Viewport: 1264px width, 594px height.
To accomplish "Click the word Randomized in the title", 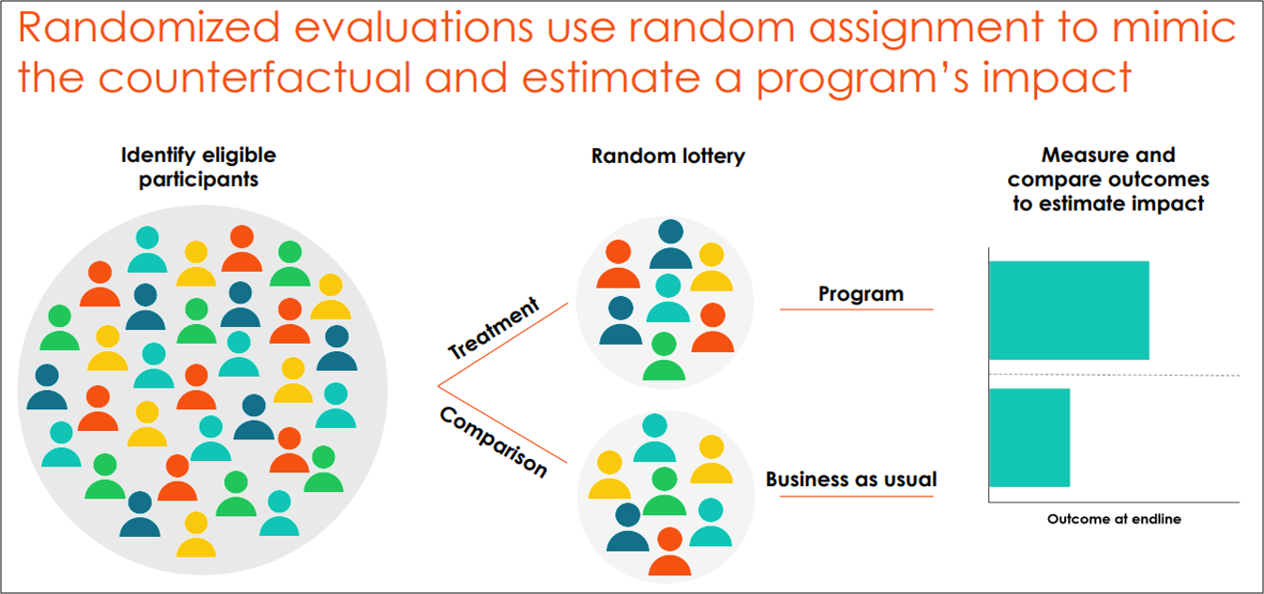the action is coord(149,27).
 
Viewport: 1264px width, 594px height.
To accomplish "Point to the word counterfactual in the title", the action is coord(254,77).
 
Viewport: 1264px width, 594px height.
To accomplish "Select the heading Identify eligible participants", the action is coord(199,167).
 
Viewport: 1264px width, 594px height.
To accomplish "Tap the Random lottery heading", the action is coord(669,156).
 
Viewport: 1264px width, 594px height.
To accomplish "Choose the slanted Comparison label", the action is coord(494,442).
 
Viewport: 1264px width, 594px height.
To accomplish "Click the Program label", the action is coord(861,293).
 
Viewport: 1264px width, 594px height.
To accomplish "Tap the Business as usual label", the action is coord(850,479).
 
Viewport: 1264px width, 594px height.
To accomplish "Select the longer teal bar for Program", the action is coord(1069,310).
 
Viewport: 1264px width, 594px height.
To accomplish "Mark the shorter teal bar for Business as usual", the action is coord(1030,438).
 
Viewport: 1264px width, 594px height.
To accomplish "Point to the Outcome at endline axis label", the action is coord(1114,518).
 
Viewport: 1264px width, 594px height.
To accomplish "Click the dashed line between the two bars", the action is coord(1115,375).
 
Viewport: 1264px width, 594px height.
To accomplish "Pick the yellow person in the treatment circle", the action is coord(712,267).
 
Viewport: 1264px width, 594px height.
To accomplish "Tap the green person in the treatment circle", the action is coord(664,356).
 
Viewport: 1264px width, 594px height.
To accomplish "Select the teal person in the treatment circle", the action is coord(669,298).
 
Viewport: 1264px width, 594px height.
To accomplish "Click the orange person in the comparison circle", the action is coord(670,552).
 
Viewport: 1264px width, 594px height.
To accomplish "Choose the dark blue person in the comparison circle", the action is coord(627,527).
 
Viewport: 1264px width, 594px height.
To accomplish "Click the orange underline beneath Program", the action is coord(857,309).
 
